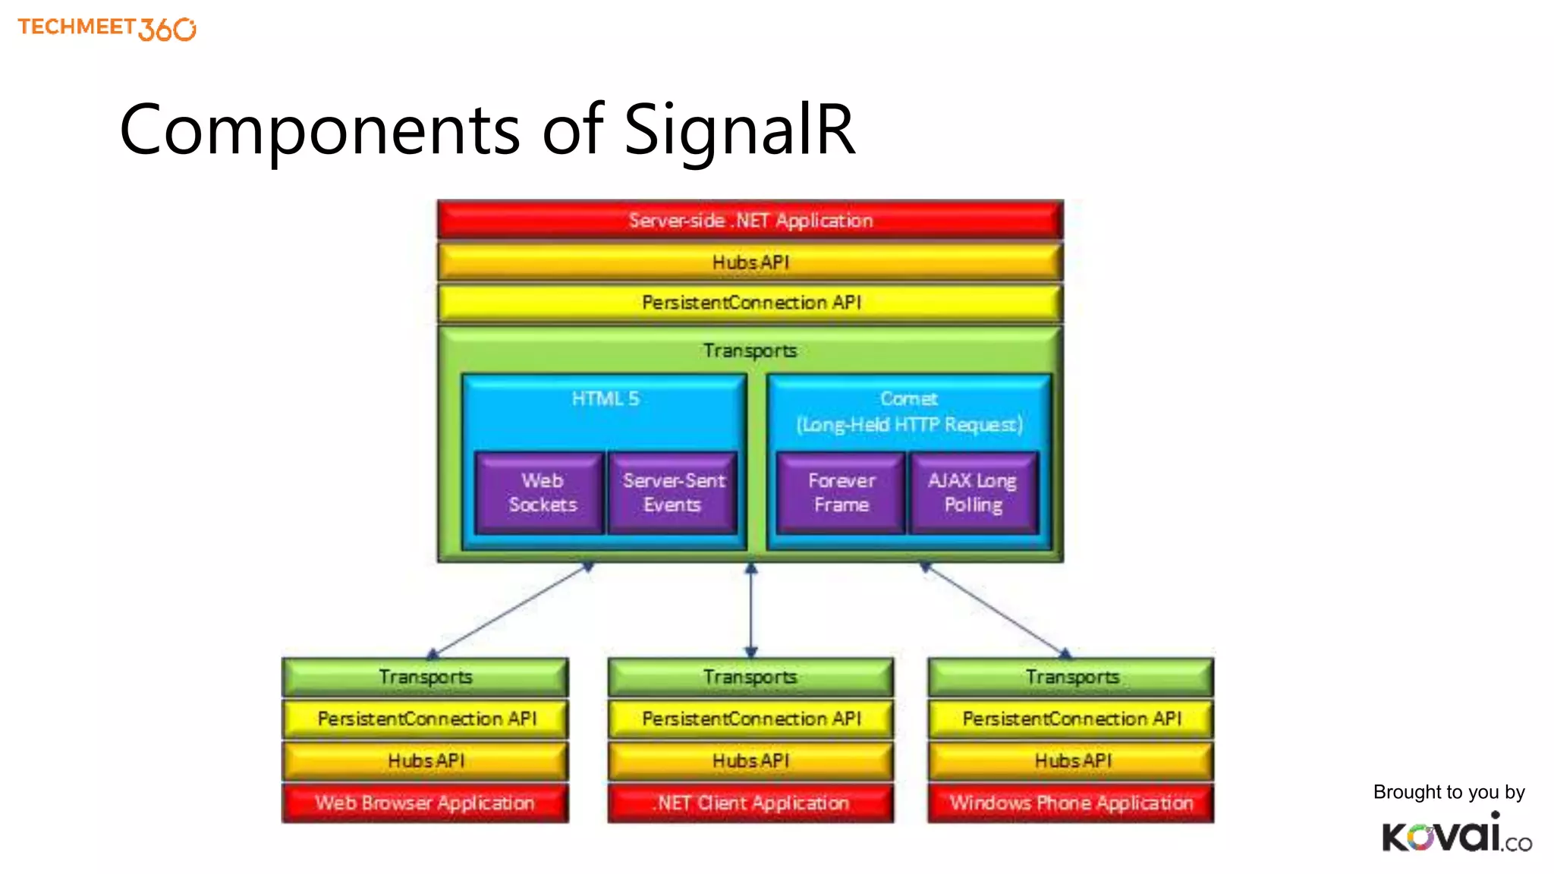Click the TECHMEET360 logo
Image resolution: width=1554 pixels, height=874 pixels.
[x=106, y=28]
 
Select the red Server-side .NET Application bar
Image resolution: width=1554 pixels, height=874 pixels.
[x=750, y=220]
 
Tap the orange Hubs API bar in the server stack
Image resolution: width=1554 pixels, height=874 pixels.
[x=750, y=262]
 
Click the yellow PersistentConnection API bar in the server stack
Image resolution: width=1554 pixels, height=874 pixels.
[x=750, y=303]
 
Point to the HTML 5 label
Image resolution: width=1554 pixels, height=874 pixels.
[x=605, y=399]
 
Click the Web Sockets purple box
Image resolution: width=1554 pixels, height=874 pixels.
[x=541, y=493]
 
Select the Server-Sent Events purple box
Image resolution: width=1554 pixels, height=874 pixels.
[x=673, y=493]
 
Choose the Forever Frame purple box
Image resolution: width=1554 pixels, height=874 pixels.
[x=841, y=493]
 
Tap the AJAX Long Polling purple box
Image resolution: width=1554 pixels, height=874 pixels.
[x=973, y=493]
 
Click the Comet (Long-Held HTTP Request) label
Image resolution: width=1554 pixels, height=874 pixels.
[x=908, y=412]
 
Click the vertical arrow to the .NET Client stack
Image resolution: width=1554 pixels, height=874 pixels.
[x=750, y=611]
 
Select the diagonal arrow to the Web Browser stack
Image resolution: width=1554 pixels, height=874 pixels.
[x=510, y=610]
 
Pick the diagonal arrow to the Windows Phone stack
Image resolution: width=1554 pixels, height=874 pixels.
[x=995, y=610]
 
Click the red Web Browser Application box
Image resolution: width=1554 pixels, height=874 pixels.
[x=425, y=803]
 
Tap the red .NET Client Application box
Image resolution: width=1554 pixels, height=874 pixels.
[x=750, y=803]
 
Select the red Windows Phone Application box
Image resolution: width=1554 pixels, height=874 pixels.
[x=1071, y=803]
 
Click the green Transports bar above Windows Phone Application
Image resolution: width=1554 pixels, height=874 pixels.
[x=1071, y=677]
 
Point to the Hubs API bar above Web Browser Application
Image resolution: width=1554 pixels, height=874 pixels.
[x=425, y=760]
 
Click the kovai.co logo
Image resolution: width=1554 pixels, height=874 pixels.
[x=1455, y=834]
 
